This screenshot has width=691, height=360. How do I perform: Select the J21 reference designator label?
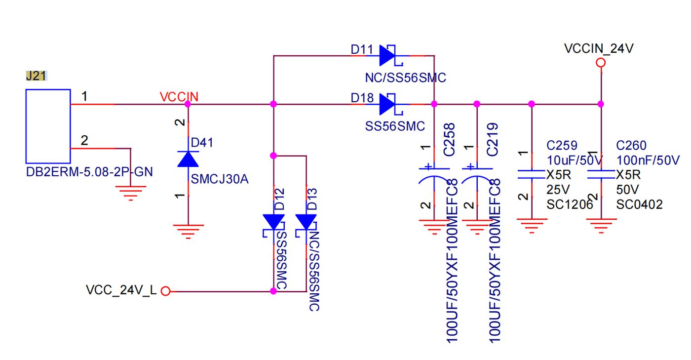tap(36, 76)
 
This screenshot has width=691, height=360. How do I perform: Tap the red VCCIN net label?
tap(179, 97)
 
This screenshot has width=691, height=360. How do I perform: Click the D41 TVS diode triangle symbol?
tap(188, 159)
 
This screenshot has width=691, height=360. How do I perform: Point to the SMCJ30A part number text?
tap(220, 179)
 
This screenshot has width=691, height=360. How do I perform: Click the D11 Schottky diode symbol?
tap(391, 56)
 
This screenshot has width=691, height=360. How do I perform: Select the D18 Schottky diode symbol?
tap(391, 104)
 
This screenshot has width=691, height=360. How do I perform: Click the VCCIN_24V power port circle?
tap(601, 63)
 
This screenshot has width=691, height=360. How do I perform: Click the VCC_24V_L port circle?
tap(166, 291)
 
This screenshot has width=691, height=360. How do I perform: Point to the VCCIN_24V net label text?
tap(599, 48)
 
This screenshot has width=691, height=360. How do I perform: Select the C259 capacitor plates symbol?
tap(532, 174)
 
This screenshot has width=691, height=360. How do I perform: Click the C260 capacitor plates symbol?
tap(601, 174)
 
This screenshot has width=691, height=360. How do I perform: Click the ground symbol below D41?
tap(188, 232)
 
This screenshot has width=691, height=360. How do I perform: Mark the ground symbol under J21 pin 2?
tap(130, 193)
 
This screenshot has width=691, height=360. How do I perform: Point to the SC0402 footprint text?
tap(640, 204)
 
